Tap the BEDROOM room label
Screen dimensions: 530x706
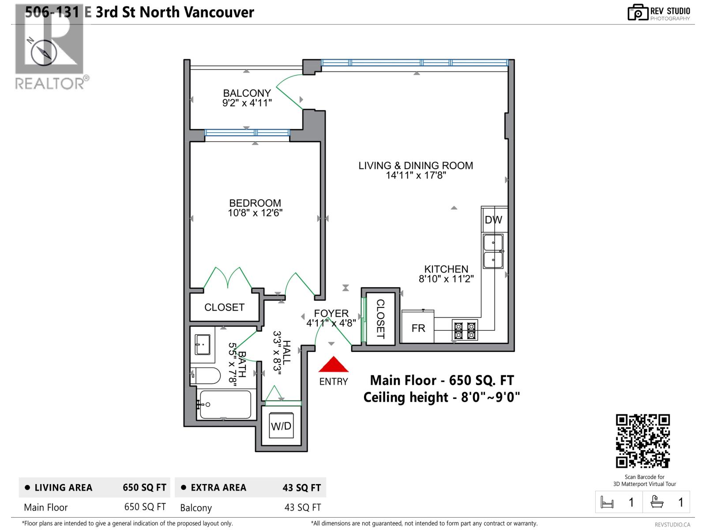255,203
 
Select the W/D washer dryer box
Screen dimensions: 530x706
281,426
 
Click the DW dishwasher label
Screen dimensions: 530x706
493,220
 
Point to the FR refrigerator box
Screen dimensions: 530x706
418,328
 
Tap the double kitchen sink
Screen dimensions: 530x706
493,251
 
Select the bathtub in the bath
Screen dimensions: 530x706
225,404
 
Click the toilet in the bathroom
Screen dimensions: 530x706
207,376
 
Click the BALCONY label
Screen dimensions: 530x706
247,93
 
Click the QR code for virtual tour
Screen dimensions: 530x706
642,441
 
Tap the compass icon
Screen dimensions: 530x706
44,52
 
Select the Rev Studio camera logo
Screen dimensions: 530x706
638,12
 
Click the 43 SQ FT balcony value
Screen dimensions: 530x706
302,507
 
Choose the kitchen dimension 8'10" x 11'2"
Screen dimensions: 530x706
446,279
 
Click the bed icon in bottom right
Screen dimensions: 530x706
607,502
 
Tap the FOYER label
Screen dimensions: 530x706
331,313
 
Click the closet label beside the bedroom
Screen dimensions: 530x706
224,307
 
